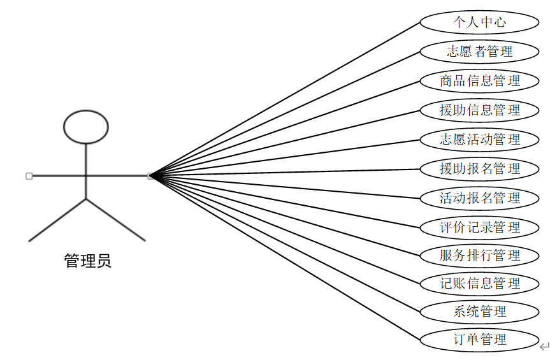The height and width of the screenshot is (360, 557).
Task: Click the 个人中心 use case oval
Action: click(479, 22)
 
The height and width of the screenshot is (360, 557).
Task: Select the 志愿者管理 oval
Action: click(479, 52)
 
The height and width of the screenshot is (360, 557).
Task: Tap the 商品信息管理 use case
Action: click(479, 81)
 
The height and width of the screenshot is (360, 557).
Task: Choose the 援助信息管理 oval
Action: click(479, 110)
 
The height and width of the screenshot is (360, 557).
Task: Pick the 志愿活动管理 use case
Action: click(479, 140)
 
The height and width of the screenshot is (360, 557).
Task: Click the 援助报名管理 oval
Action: click(479, 169)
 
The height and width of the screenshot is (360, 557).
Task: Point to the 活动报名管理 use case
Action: click(479, 198)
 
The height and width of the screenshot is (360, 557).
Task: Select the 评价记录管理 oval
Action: click(479, 227)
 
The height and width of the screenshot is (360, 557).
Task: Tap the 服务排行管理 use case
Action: click(479, 256)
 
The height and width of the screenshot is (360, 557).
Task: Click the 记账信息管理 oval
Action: click(479, 284)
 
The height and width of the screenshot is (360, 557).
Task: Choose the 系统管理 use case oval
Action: click(479, 312)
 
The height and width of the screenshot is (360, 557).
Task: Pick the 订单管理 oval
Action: click(479, 340)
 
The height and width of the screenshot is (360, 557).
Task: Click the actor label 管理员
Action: click(87, 261)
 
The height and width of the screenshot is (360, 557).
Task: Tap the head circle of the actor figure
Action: click(86, 126)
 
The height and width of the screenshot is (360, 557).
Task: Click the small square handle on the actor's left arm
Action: click(29, 176)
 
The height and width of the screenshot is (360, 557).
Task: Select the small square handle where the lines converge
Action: click(150, 176)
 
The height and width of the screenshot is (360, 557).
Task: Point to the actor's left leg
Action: click(57, 220)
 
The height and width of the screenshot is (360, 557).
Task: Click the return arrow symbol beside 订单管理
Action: click(544, 347)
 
